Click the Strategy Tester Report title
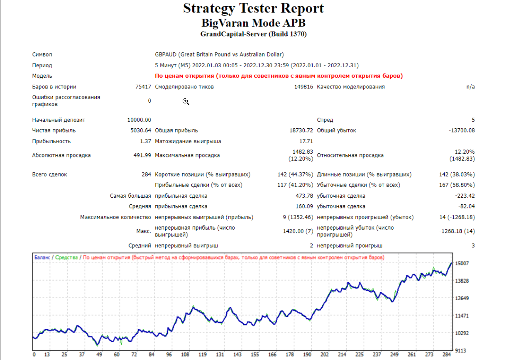(253, 9)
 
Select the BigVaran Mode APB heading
(253, 23)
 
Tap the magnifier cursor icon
(186, 102)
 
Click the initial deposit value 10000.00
(139, 120)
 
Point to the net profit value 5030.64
(141, 130)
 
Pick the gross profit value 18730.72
(301, 130)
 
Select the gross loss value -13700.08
(462, 130)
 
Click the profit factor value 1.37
(145, 141)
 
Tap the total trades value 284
(146, 174)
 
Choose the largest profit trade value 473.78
(304, 196)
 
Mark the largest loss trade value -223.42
(465, 196)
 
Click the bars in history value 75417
(143, 87)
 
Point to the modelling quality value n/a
(470, 87)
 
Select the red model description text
(279, 76)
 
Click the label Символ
(42, 54)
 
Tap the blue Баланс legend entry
(42, 257)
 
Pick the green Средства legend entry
(66, 257)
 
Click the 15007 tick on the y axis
(462, 264)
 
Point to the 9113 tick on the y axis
(460, 350)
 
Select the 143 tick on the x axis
(237, 355)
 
